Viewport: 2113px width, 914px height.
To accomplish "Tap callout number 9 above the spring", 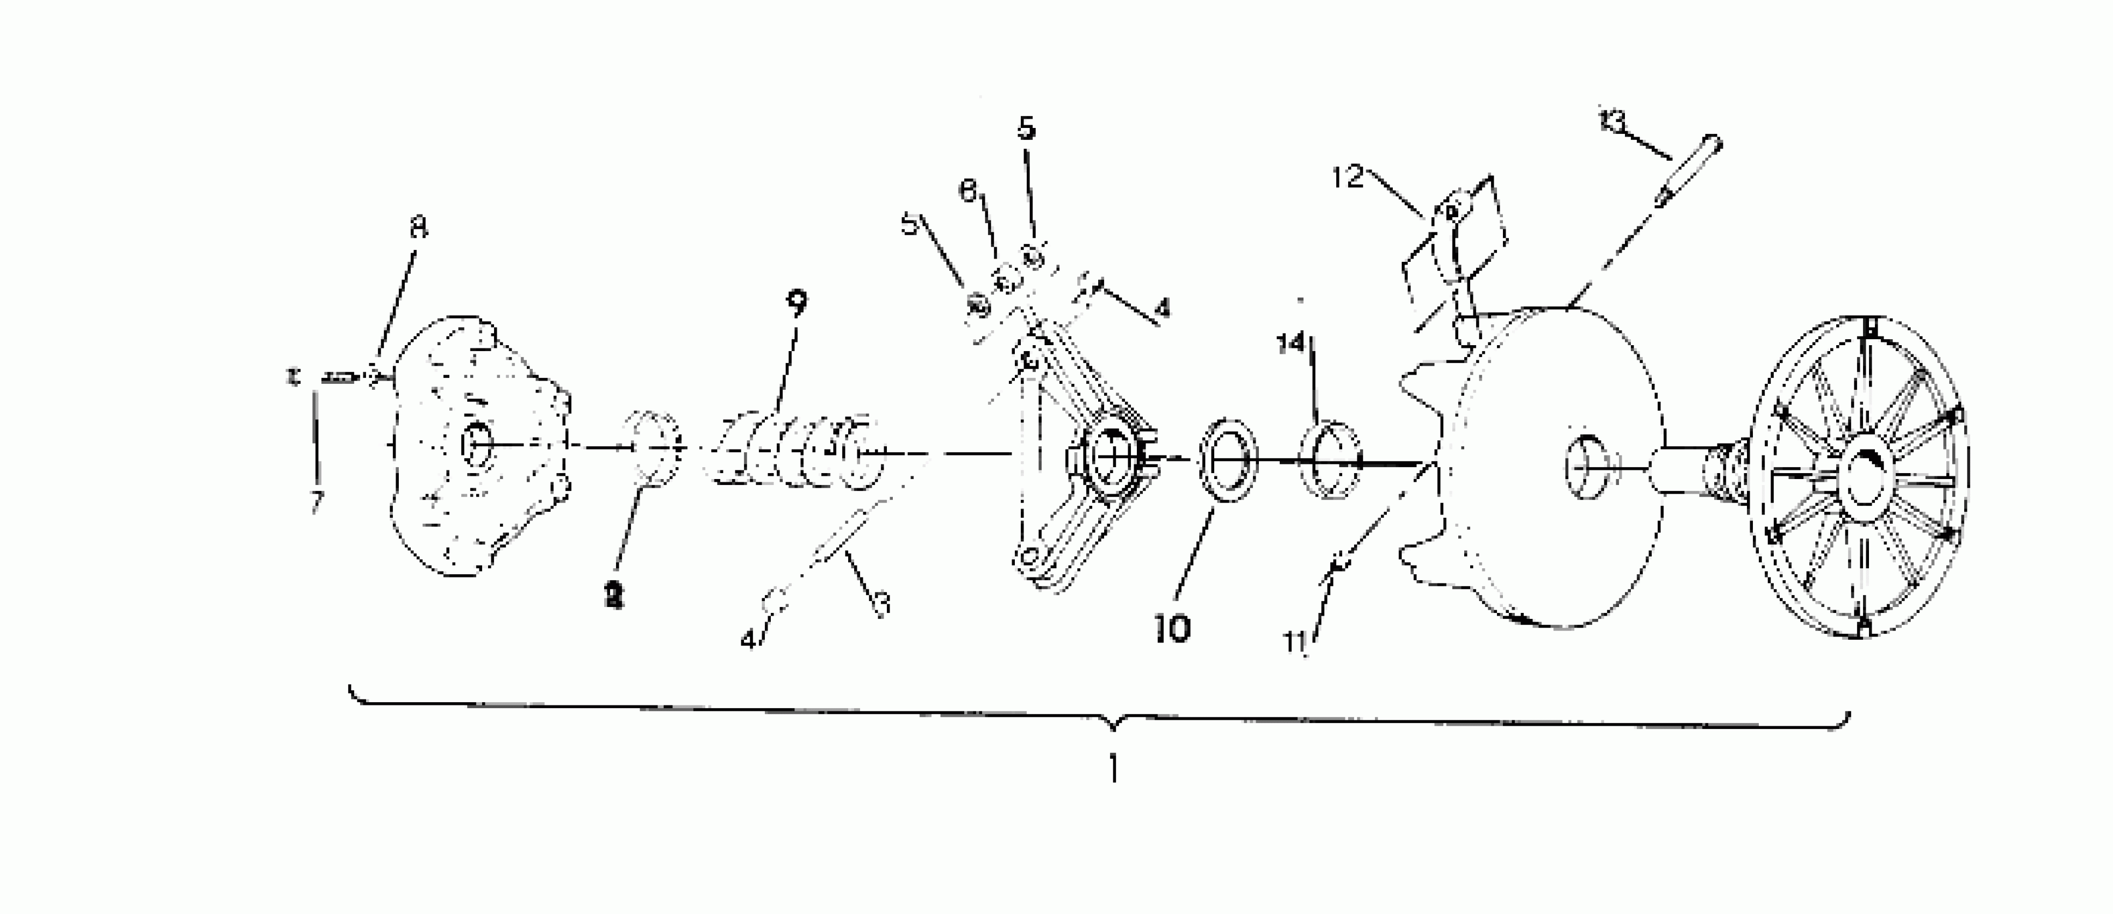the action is coord(796,302).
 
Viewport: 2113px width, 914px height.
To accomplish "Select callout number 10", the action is coord(1172,629).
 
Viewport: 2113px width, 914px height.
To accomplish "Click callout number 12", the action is coord(1346,176).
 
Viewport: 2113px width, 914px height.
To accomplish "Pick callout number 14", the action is coord(1290,343).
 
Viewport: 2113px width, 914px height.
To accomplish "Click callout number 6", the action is coord(969,192).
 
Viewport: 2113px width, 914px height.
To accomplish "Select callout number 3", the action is coord(882,605).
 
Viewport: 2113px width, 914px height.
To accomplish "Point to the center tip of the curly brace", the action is coord(1113,727).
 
